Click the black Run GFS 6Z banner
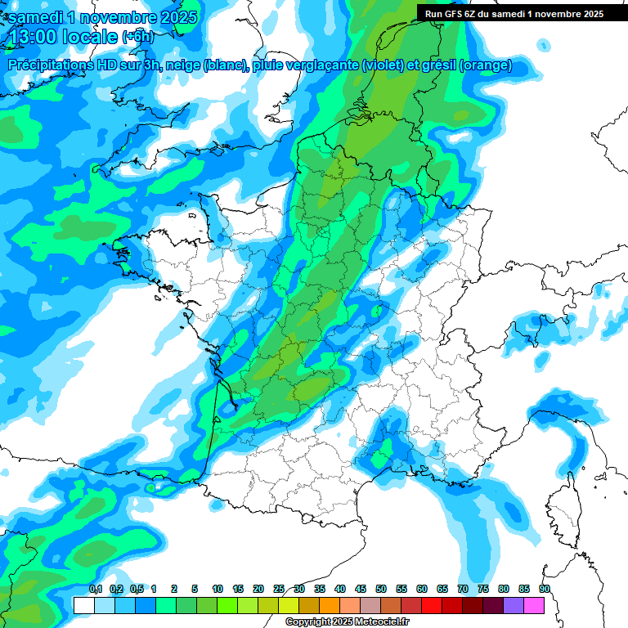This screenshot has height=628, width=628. (511, 13)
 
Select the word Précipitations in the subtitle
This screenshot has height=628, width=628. (48, 65)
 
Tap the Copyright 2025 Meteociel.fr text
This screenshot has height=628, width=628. (348, 622)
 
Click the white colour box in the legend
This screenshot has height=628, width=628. (83, 605)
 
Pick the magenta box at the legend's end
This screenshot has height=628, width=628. (534, 605)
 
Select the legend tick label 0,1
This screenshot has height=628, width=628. (96, 590)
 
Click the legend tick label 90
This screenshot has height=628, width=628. (545, 590)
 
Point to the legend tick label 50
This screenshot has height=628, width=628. (381, 590)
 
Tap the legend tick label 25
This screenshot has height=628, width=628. (279, 590)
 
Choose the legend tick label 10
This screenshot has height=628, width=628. (218, 590)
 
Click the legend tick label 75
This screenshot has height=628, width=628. (483, 590)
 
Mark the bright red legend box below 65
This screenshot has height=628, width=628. (432, 605)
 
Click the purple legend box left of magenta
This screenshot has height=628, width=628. (514, 605)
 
